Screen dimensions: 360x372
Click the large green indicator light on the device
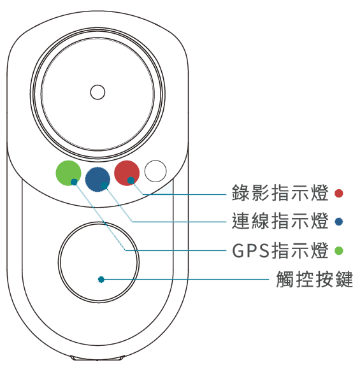(x=68, y=173)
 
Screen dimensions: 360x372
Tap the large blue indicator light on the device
(x=97, y=179)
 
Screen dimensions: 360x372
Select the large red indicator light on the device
(x=127, y=173)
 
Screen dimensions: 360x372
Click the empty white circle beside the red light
(x=155, y=171)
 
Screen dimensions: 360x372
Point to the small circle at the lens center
(x=97, y=92)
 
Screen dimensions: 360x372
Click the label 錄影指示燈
(x=280, y=193)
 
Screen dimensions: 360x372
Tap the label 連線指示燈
(x=280, y=221)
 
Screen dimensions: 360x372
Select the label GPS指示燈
(x=280, y=250)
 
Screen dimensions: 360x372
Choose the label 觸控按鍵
(x=314, y=279)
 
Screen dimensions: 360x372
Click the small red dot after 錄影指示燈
(x=338, y=193)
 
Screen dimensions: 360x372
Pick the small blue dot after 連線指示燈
(x=338, y=222)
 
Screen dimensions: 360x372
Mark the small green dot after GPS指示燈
(x=338, y=250)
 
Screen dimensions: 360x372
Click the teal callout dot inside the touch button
(x=101, y=280)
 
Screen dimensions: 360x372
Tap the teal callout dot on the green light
(x=75, y=182)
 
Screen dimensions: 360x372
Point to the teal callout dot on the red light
(x=131, y=180)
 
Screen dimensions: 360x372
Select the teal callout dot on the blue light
(x=104, y=185)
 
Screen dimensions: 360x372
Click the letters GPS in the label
(x=251, y=250)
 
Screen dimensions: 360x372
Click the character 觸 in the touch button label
(x=285, y=279)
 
